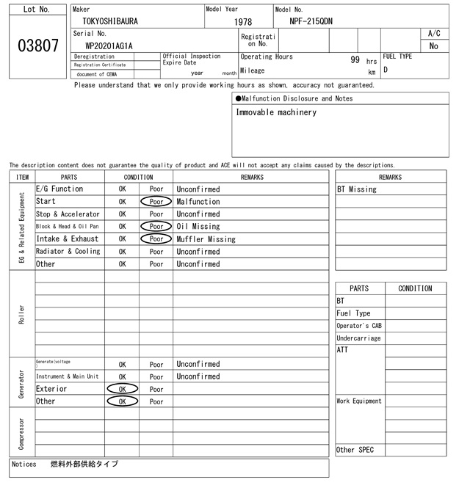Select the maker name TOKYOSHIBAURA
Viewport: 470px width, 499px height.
click(x=110, y=21)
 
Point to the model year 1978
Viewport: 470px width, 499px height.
click(x=243, y=22)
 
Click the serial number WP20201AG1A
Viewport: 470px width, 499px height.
click(x=109, y=45)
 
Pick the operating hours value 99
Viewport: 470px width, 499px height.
click(x=355, y=59)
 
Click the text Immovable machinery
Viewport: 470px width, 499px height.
click(x=276, y=112)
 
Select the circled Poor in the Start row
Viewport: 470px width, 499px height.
click(x=156, y=202)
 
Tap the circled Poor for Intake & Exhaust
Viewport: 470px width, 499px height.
click(x=156, y=239)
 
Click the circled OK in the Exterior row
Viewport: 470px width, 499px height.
click(x=122, y=389)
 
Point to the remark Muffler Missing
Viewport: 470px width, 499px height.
click(x=206, y=239)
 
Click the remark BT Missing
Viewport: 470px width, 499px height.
click(x=357, y=189)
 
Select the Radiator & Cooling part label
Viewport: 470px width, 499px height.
click(x=68, y=252)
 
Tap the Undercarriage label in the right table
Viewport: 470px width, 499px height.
click(x=358, y=338)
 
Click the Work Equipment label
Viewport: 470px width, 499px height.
click(x=359, y=401)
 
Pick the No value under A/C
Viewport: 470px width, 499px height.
click(x=433, y=46)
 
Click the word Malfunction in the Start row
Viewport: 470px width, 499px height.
click(x=198, y=202)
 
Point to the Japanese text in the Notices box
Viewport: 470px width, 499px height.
click(x=84, y=465)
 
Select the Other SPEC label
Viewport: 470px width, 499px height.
click(x=355, y=450)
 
